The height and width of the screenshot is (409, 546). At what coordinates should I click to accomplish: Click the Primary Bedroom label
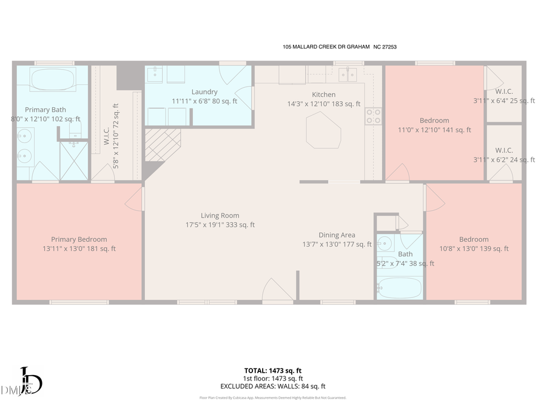click(79, 239)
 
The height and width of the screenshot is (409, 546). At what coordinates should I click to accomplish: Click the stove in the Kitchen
click(373, 116)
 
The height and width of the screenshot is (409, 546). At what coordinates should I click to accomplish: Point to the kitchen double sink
click(347, 75)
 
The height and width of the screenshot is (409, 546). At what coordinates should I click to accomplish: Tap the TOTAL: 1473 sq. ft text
click(272, 370)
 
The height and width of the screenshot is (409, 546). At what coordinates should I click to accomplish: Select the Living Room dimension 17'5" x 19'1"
click(220, 225)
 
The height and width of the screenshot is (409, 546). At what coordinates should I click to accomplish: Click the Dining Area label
click(337, 235)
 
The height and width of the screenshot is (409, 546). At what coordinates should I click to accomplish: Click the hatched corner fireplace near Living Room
click(163, 144)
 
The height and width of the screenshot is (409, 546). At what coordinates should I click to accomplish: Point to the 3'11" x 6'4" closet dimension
click(504, 101)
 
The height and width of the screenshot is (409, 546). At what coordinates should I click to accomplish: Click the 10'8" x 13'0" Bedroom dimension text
click(473, 248)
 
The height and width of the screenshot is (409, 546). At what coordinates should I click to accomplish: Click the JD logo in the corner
click(29, 382)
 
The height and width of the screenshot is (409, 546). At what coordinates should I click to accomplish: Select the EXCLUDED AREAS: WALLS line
click(272, 386)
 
